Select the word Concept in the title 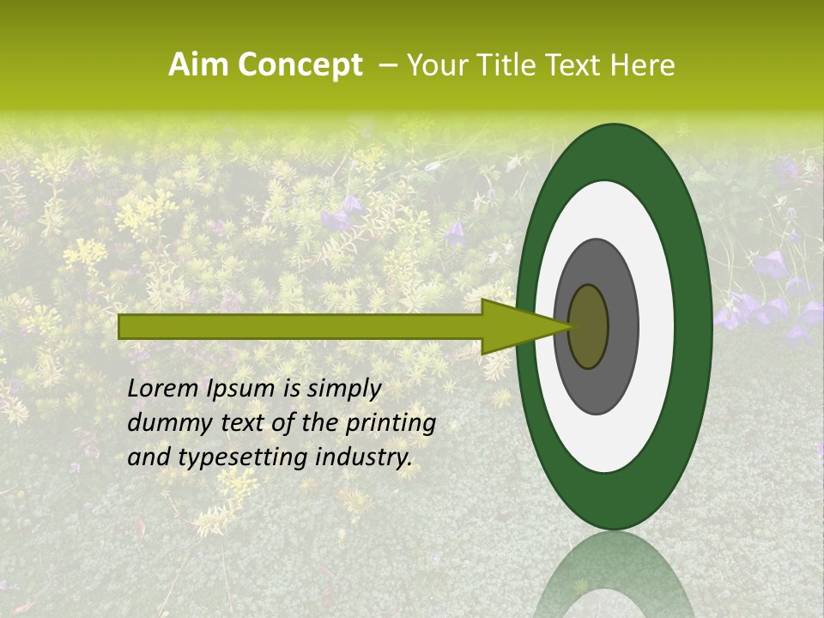point(300,65)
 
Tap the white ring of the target point(656,327)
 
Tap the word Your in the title point(434,65)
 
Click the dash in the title point(387,65)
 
